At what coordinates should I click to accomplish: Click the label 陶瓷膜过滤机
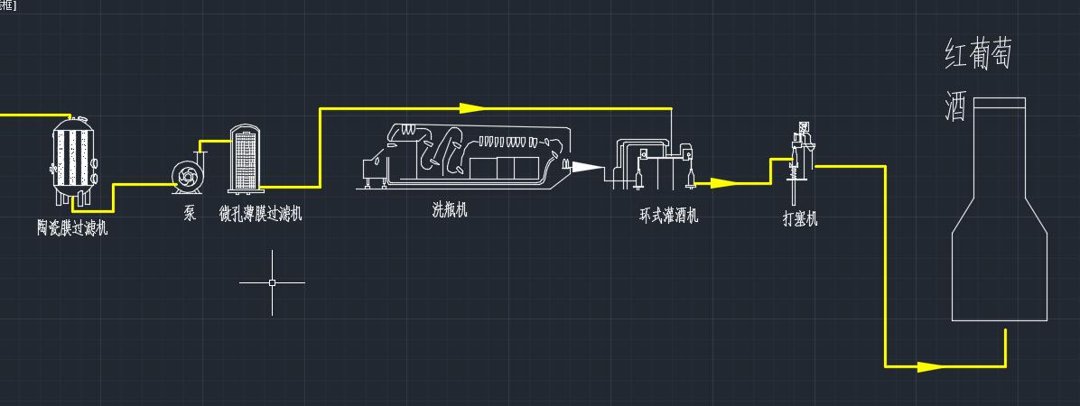click(x=72, y=227)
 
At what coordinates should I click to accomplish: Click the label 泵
click(x=190, y=213)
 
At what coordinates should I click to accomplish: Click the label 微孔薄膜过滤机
click(x=260, y=213)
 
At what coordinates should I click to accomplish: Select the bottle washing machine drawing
click(x=466, y=156)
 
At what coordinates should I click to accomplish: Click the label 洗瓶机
click(x=450, y=210)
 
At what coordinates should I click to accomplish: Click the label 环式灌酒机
click(x=669, y=216)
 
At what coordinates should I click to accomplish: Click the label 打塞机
click(x=800, y=219)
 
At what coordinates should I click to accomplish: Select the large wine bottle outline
click(x=999, y=209)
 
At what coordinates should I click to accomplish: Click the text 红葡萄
click(x=978, y=55)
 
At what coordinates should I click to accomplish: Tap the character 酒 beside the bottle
click(x=956, y=108)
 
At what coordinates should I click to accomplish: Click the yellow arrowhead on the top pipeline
click(x=472, y=108)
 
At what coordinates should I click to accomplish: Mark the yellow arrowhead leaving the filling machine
click(x=724, y=183)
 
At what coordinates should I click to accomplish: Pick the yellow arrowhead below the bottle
click(x=931, y=367)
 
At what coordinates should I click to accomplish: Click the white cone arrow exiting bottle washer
click(x=586, y=167)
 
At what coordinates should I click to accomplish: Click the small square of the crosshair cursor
click(x=272, y=282)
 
